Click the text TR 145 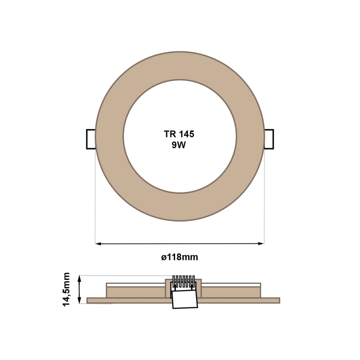[180, 134]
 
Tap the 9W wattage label [180, 145]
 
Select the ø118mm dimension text [180, 257]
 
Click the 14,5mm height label [67, 289]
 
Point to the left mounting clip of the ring [90, 139]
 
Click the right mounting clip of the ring [269, 139]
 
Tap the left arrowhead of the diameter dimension [98, 243]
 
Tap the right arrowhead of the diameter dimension [261, 243]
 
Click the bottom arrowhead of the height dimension [80, 301]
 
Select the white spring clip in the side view [185, 299]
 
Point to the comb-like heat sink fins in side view [184, 281]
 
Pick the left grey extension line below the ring [95, 195]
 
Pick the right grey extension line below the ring [264, 195]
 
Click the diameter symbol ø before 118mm [163, 258]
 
